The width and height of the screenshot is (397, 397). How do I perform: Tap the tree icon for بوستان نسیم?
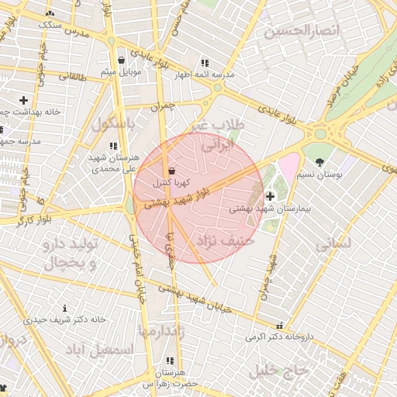(320, 162)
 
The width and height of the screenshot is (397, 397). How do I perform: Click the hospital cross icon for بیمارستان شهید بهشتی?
(270, 195)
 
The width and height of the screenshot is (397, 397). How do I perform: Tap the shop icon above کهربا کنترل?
(171, 171)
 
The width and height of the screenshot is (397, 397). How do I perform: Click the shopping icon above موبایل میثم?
(121, 60)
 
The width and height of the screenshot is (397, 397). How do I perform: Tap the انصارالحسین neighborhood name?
(302, 32)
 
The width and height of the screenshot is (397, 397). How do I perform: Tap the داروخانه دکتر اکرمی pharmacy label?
(278, 337)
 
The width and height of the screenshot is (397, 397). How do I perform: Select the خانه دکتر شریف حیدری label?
(65, 319)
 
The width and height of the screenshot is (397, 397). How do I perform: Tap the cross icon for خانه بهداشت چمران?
(23, 100)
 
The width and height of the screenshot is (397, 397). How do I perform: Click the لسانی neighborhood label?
(333, 243)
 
